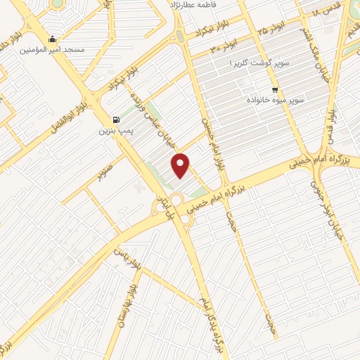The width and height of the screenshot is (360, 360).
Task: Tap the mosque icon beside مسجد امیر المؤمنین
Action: click(53, 39)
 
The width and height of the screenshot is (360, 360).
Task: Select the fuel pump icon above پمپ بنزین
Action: click(116, 120)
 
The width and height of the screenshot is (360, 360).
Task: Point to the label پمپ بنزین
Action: click(115, 131)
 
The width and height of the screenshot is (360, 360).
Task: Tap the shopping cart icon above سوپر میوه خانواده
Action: click(274, 89)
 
